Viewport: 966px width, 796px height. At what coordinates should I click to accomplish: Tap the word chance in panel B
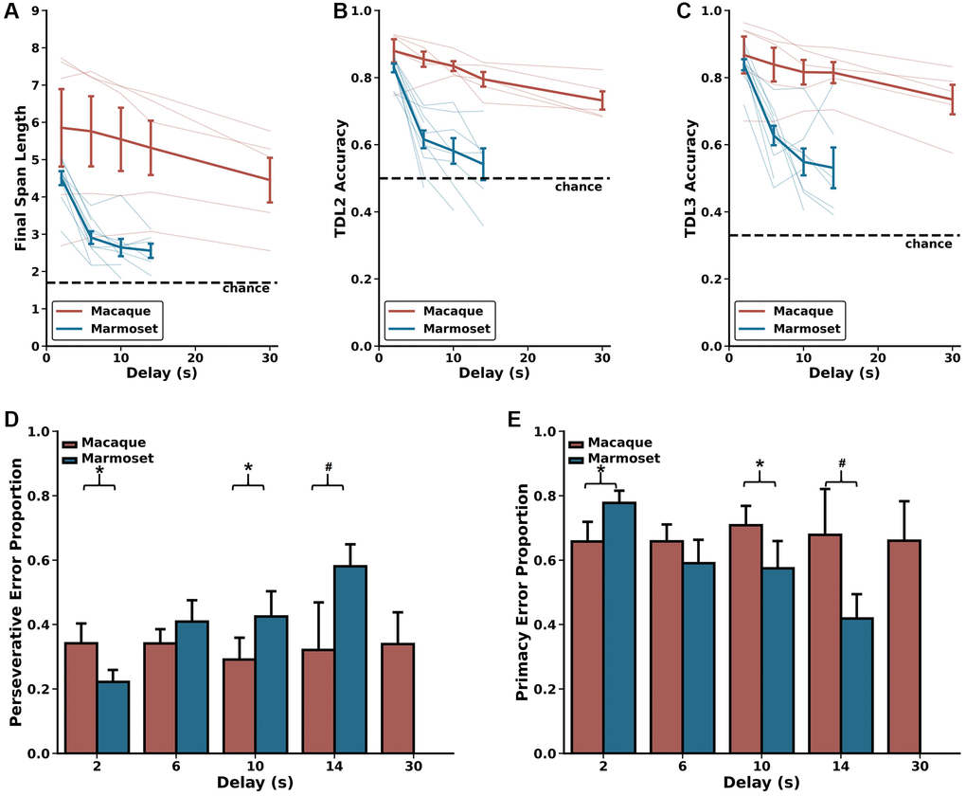pos(579,187)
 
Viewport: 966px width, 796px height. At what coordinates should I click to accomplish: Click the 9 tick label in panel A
pos(35,11)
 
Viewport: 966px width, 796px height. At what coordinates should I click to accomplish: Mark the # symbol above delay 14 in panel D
pos(328,467)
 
